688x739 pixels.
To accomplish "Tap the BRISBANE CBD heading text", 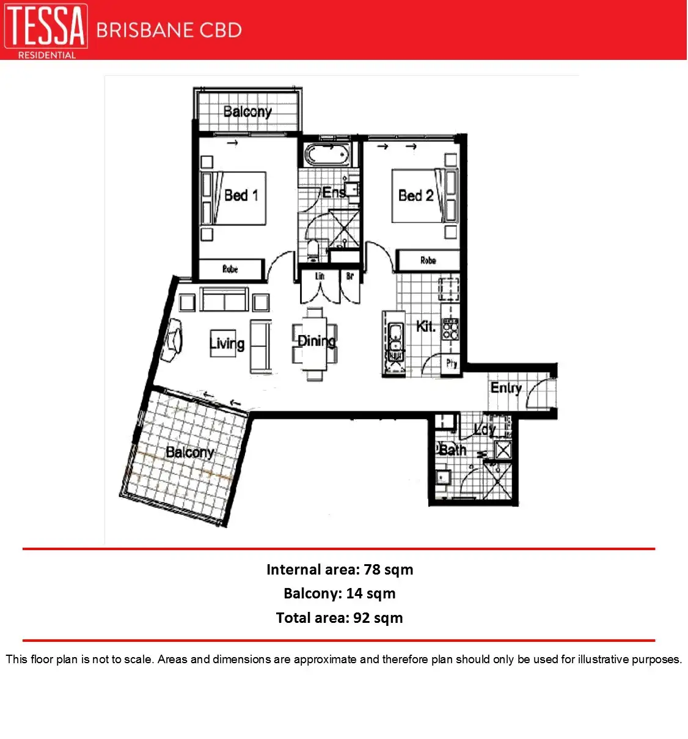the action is tap(169, 30).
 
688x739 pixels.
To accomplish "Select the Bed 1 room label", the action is tap(241, 196).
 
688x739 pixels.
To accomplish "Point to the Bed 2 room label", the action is tap(415, 196).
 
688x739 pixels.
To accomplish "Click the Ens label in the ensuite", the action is tap(334, 193).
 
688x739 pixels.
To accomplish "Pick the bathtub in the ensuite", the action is tap(328, 155).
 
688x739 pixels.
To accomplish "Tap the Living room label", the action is tap(227, 344).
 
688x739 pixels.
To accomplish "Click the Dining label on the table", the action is tap(316, 341).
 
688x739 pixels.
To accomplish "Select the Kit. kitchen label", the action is tap(425, 326).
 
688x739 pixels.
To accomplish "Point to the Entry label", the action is tap(506, 388).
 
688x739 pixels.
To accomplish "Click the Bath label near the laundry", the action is tap(453, 450).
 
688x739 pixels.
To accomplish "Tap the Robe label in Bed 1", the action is tap(230, 269).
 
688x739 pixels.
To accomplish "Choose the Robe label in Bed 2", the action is tap(428, 260).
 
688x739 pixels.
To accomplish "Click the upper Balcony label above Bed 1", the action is tap(247, 112).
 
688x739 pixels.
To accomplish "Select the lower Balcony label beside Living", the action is tap(189, 452).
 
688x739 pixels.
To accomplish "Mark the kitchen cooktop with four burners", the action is tap(450, 329).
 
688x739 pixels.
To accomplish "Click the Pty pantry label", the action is tap(451, 364).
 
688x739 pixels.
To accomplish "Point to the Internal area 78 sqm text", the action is tap(340, 570).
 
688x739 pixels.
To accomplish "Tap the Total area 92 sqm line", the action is tap(340, 618).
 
